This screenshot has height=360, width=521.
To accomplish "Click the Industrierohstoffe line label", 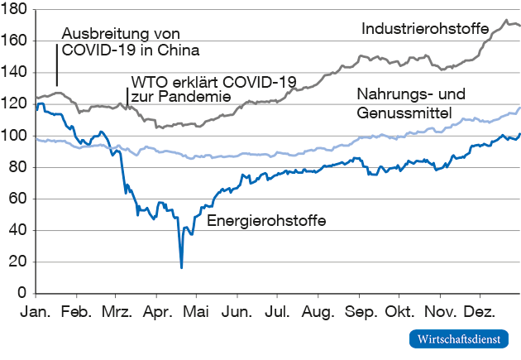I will pyautogui.click(x=425, y=28).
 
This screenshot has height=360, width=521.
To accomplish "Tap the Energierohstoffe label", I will pyautogui.click(x=265, y=221).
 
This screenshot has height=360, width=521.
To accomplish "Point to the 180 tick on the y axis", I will pyautogui.click(x=16, y=9).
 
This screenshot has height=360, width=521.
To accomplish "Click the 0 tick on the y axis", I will pyautogui.click(x=23, y=293).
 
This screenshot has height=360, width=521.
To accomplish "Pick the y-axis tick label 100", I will pyautogui.click(x=16, y=136).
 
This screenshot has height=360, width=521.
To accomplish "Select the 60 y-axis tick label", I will pyautogui.click(x=19, y=199).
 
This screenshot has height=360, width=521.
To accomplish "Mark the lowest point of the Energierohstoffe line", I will pyautogui.click(x=181, y=267).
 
